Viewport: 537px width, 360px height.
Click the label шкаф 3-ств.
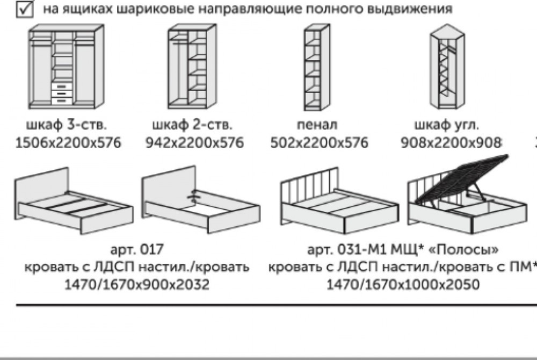point(66,126)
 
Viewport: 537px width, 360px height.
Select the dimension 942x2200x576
point(194,143)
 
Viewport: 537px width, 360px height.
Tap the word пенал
point(317,126)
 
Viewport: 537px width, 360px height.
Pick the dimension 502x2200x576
point(319,143)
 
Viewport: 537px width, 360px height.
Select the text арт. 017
point(136,250)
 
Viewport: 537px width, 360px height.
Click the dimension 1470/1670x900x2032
point(136,284)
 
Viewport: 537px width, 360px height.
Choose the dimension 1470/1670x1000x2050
point(403,284)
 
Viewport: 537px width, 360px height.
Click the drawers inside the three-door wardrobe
point(62,92)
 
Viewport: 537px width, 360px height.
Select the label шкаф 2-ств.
point(192,126)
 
